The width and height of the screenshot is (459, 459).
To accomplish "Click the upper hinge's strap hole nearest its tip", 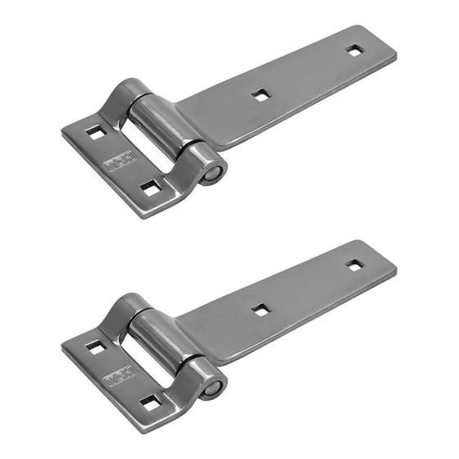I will pyautogui.click(x=353, y=51).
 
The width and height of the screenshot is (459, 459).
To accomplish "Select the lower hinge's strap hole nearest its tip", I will pyautogui.click(x=353, y=265).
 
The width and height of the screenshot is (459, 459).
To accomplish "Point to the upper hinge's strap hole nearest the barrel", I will pyautogui.click(x=260, y=95).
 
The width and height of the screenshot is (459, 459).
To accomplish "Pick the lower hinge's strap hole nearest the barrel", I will pyautogui.click(x=260, y=309).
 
